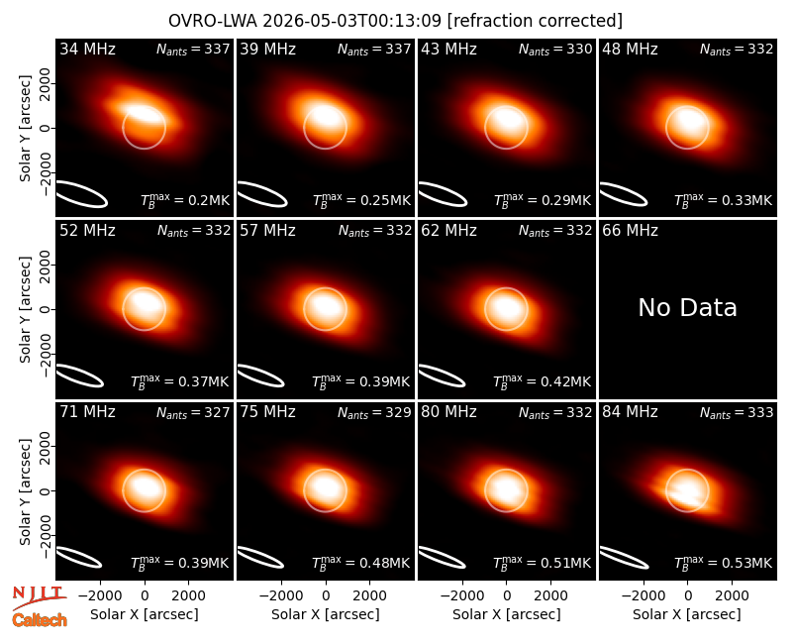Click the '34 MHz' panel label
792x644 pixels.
(x=87, y=49)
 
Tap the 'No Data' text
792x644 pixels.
(x=687, y=307)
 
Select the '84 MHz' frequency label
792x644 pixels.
(x=630, y=412)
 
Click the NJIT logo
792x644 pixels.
(x=39, y=597)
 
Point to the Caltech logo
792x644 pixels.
(x=40, y=620)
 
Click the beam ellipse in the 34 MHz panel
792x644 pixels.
(x=82, y=193)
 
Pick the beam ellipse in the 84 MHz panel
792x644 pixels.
(x=624, y=557)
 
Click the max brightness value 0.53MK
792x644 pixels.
(x=747, y=563)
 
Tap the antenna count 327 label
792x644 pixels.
(x=217, y=412)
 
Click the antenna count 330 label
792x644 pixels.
(x=579, y=49)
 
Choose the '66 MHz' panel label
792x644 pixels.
(x=630, y=231)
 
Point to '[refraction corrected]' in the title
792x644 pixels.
(x=535, y=21)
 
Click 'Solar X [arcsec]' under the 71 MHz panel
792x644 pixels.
(x=145, y=614)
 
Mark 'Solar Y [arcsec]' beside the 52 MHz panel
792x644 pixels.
(x=25, y=309)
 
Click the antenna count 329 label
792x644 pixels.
(x=398, y=412)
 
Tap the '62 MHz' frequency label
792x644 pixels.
(x=449, y=231)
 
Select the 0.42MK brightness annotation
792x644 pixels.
(x=565, y=381)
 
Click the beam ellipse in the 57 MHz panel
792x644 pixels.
(x=261, y=376)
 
